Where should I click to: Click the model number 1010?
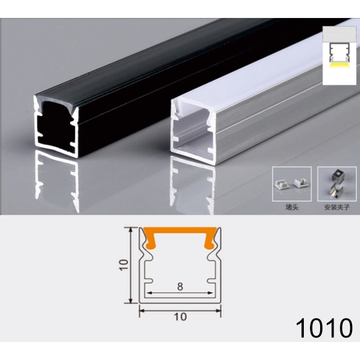pyautogui.click(x=323, y=329)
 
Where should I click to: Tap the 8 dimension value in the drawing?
pyautogui.click(x=180, y=287)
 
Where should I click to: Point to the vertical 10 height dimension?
pyautogui.click(x=124, y=265)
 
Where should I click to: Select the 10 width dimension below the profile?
pyautogui.click(x=180, y=317)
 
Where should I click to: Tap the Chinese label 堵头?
pyautogui.click(x=292, y=207)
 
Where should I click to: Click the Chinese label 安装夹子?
pyautogui.click(x=337, y=207)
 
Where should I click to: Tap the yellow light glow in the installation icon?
pyautogui.click(x=339, y=67)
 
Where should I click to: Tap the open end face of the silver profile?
pyautogui.click(x=193, y=131)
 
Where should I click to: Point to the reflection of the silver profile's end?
pyautogui.click(x=193, y=184)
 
